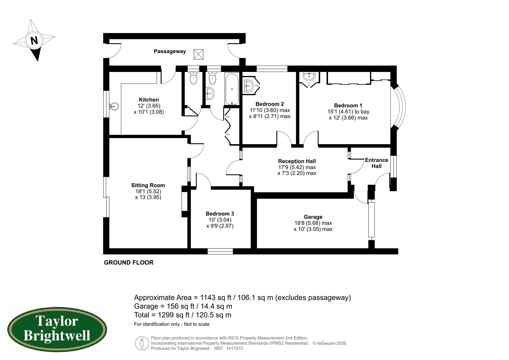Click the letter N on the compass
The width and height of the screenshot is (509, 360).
coord(34,40)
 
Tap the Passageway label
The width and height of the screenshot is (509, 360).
coord(170,51)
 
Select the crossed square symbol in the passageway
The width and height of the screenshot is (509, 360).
coord(198,54)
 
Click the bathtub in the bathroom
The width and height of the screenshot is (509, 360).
coord(232,89)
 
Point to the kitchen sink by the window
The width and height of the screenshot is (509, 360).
coord(114,106)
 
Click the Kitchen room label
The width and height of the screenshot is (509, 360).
coord(149,100)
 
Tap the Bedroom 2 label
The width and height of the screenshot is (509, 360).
coord(269,104)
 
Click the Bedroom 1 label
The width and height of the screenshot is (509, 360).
coord(348,106)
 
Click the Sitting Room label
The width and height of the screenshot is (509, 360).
coord(148,185)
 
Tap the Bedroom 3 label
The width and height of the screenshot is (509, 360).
coord(220,214)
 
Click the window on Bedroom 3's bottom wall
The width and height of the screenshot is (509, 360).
coord(220,251)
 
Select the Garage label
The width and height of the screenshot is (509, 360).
coord(313,217)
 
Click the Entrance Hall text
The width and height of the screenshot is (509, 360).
coord(376,163)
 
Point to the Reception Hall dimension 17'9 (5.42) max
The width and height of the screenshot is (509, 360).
coord(297,167)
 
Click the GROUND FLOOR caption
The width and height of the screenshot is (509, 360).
coord(129,263)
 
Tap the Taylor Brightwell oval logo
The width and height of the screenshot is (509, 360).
coord(57,330)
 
